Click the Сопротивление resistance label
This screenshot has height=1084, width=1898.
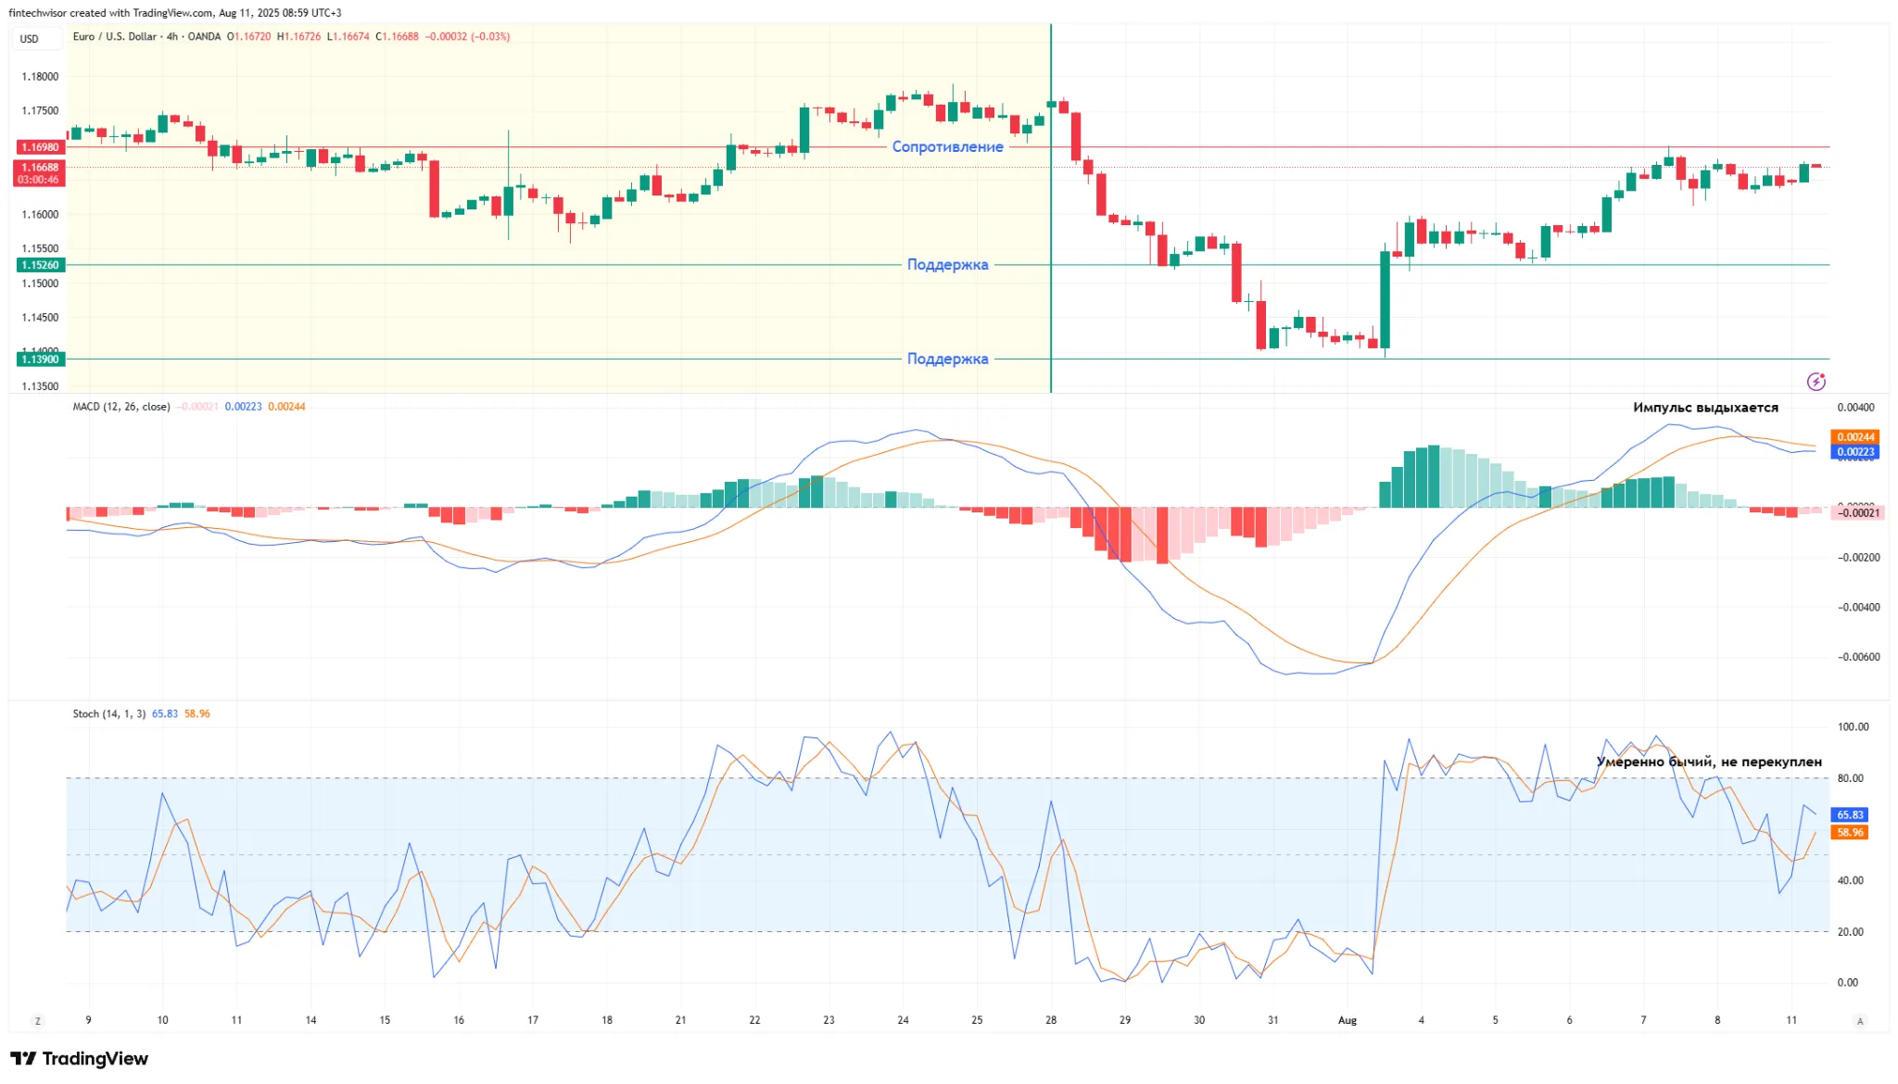[947, 146]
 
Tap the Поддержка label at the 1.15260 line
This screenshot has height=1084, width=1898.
[947, 265]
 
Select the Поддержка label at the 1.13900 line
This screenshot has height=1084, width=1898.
[947, 359]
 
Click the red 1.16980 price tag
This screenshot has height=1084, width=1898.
[40, 147]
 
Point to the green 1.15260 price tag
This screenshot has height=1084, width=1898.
[40, 265]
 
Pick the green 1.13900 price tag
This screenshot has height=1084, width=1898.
[40, 359]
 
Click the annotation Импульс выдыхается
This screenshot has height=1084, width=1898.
[1705, 408]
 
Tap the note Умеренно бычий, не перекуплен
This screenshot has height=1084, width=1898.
[1709, 762]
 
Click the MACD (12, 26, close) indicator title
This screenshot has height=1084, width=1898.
[121, 407]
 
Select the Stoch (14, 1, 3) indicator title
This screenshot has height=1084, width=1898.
[109, 714]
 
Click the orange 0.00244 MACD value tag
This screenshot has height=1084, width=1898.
[1855, 437]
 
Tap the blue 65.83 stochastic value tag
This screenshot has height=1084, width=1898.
[1850, 815]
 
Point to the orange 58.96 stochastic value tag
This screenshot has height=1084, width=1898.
[1850, 833]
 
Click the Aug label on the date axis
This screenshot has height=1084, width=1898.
[1348, 1020]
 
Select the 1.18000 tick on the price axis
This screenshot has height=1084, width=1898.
[40, 77]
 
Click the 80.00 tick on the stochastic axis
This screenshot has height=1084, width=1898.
[1850, 778]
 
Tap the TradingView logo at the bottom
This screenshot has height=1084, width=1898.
[80, 1059]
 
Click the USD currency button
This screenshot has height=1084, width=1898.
[30, 39]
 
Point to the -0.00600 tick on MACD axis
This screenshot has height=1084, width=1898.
[1859, 658]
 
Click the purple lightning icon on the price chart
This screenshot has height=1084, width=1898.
[1816, 382]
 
